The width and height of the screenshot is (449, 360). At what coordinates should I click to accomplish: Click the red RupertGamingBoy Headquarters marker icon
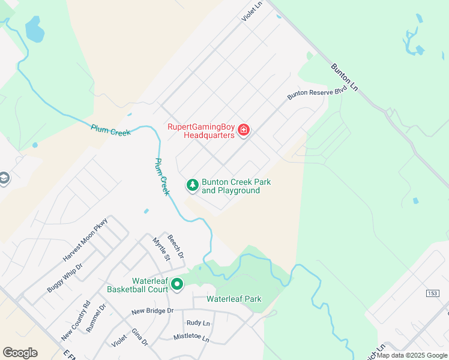pyautogui.click(x=244, y=130)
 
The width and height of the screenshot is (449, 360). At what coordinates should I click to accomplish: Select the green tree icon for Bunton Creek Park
pyautogui.click(x=193, y=185)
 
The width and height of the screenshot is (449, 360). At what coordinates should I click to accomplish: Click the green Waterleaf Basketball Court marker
pyautogui.click(x=177, y=284)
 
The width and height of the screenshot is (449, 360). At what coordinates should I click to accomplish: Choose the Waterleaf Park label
pyautogui.click(x=234, y=299)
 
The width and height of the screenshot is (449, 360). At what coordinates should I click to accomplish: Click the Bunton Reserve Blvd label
pyautogui.click(x=317, y=91)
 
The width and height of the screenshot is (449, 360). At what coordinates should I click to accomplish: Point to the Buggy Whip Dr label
pyautogui.click(x=65, y=277)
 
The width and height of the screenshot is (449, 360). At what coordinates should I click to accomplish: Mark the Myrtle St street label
pyautogui.click(x=161, y=249)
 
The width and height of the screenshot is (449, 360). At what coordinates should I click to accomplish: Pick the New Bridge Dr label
pyautogui.click(x=152, y=311)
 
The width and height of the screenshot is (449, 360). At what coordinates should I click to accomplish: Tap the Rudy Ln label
pyautogui.click(x=198, y=323)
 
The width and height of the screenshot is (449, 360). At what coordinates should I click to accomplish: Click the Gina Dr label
pyautogui.click(x=139, y=337)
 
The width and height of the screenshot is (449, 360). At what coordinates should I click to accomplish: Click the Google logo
pyautogui.click(x=20, y=353)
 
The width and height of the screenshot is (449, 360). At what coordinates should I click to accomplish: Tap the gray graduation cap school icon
pyautogui.click(x=4, y=179)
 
